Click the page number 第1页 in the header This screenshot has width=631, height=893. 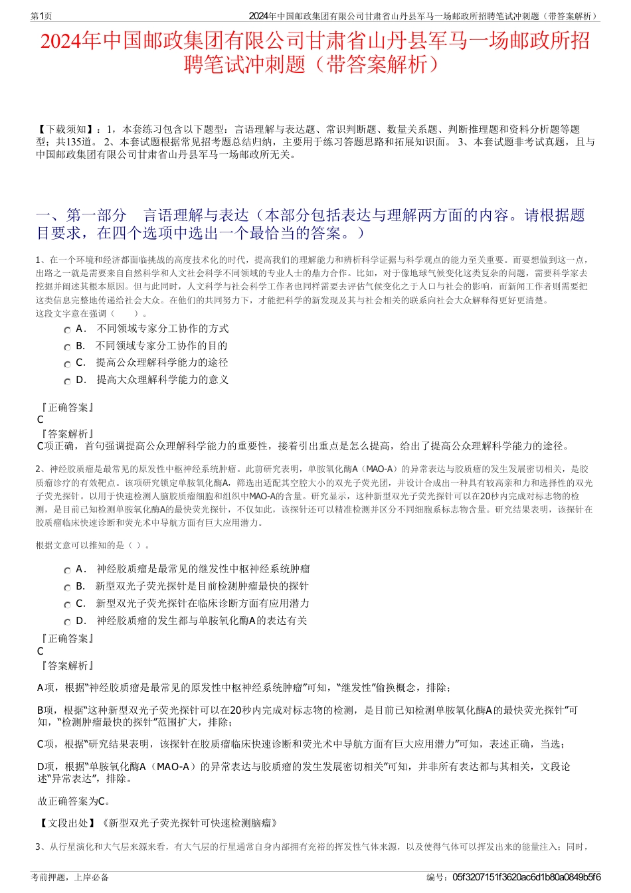tap(42, 16)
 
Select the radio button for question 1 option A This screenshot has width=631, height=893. tap(67, 330)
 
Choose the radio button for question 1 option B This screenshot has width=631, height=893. tap(67, 347)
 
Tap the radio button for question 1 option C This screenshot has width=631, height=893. tap(67, 364)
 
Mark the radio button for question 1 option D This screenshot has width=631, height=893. tap(67, 381)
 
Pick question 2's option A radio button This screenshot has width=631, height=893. tap(67, 570)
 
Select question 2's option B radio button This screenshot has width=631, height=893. tap(67, 588)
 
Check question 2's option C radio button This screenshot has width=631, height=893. tap(67, 605)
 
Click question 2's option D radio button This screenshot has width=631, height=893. tap(67, 622)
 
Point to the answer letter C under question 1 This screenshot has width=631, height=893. tap(41, 420)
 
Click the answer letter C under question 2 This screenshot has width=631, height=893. tap(41, 651)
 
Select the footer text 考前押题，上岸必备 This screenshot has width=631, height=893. tap(70, 877)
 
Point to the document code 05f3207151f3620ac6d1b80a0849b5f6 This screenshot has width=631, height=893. tap(527, 877)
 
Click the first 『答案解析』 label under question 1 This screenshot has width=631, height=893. tap(66, 434)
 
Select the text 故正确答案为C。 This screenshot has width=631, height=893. tap(75, 801)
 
